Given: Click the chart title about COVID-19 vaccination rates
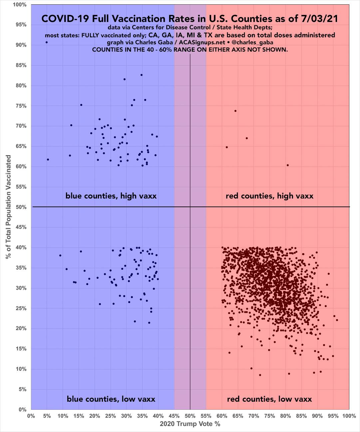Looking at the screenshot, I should click(190, 19).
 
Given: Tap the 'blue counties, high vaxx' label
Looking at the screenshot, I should click(111, 196).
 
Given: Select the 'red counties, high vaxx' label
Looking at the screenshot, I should click(269, 196).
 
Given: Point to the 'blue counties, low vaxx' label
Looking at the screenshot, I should click(111, 399).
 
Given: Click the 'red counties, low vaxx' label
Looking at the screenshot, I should click(269, 399).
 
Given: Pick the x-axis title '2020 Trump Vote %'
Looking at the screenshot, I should click(190, 424).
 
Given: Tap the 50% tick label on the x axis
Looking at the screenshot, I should click(190, 416).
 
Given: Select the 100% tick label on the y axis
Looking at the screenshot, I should click(20, 5).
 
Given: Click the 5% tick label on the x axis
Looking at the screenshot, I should click(47, 416).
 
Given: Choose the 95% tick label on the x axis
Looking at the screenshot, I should click(333, 416).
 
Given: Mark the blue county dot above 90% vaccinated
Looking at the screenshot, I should click(47, 42).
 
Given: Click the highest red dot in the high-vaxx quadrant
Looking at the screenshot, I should click(235, 111).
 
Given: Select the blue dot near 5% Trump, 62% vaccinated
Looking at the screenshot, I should click(48, 160).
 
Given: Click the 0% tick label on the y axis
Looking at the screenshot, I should click(22, 410).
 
